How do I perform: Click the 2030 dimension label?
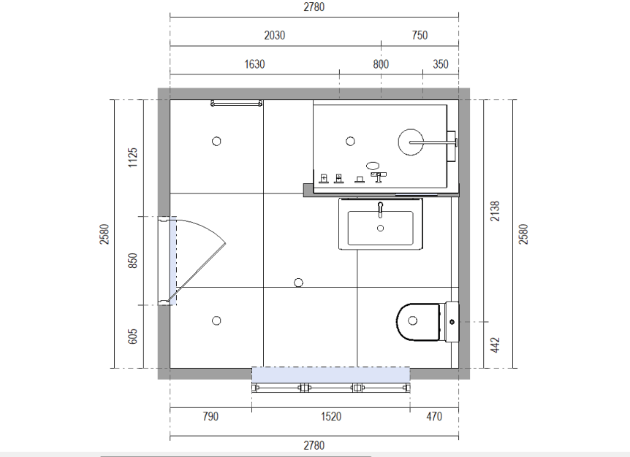274,35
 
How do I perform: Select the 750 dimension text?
420,35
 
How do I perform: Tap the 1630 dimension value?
254,64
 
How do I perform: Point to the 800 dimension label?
381,64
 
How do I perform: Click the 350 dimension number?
441,64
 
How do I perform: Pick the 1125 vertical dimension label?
132,158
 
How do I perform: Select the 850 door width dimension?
132,261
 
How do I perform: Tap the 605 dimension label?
132,337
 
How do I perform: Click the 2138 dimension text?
495,211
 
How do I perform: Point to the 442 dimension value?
495,345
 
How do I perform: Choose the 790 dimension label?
210,416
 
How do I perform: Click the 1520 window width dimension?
330,416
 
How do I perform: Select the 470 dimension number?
434,416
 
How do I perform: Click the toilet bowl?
418,322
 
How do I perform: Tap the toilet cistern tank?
452,322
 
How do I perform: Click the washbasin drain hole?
381,228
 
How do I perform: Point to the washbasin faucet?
381,210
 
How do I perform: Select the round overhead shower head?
411,142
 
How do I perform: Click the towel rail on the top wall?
237,104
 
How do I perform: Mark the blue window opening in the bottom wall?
330,375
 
